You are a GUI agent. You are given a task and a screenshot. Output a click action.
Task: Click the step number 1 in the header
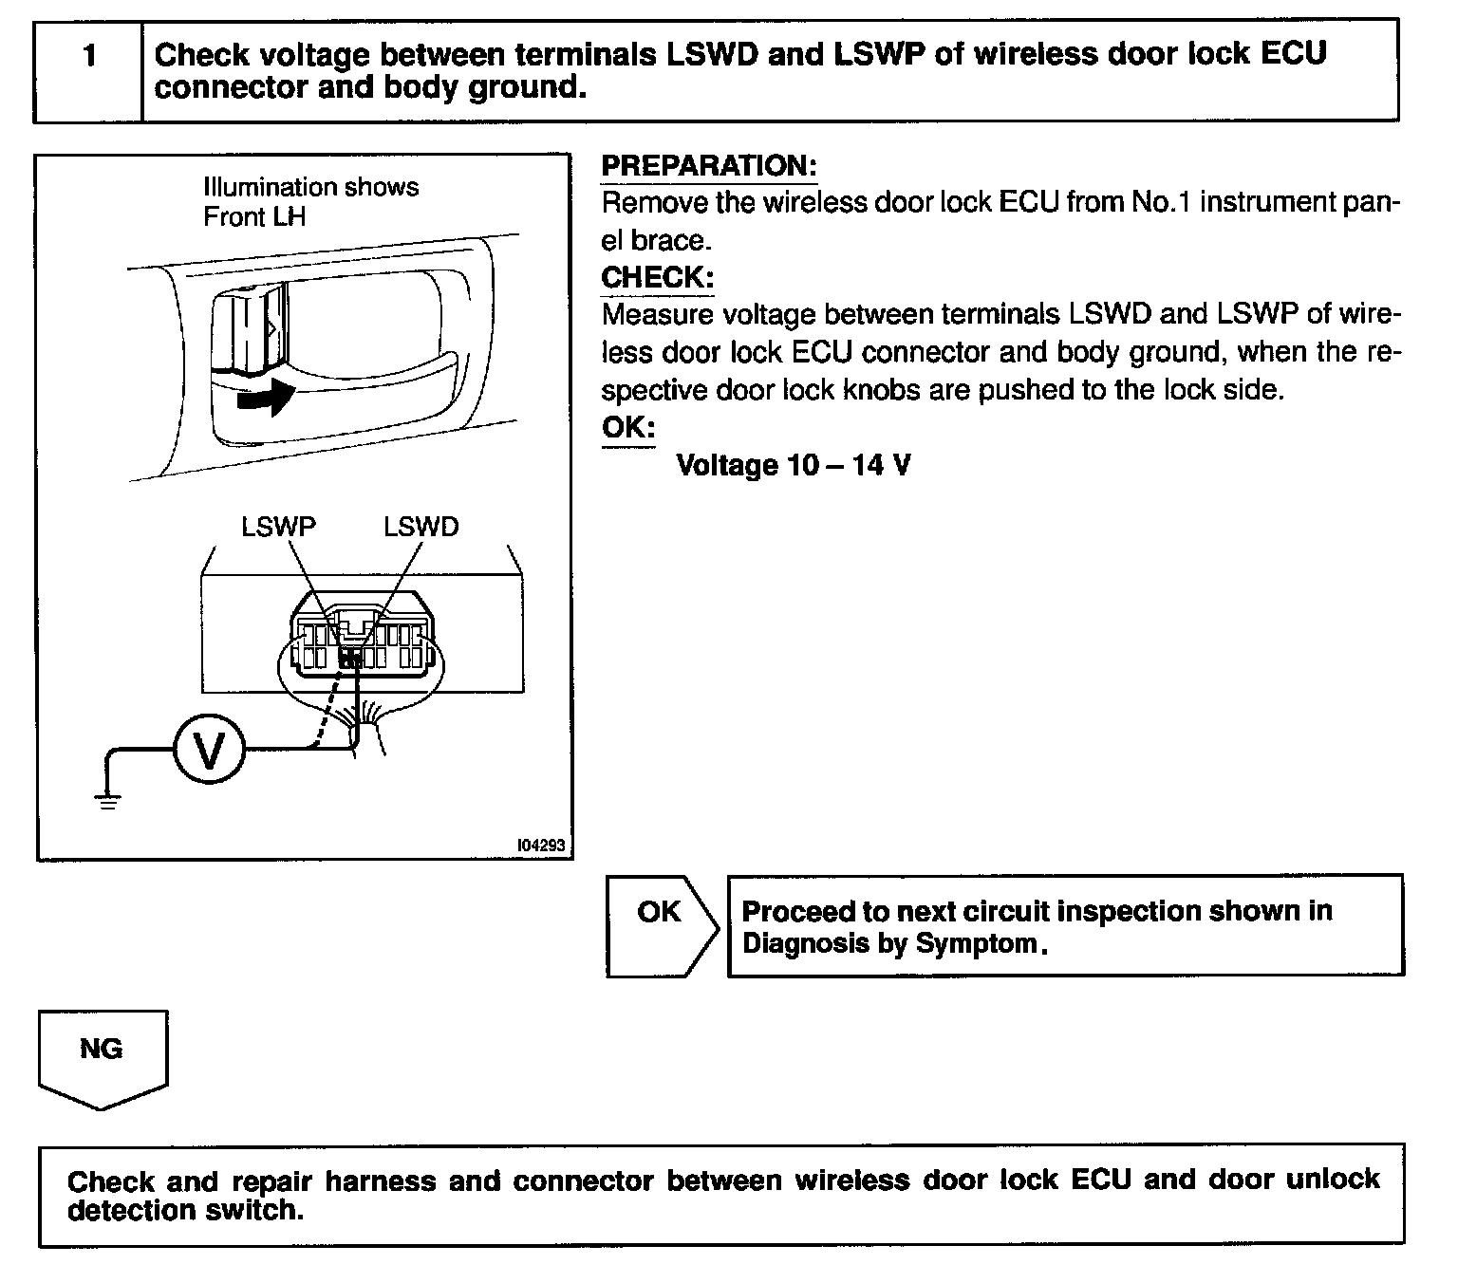click(x=89, y=57)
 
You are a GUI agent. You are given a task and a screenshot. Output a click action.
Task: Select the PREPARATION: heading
click(x=709, y=166)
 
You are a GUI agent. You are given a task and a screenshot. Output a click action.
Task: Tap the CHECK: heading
click(x=657, y=278)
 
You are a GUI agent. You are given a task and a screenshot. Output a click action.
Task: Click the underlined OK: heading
click(x=627, y=427)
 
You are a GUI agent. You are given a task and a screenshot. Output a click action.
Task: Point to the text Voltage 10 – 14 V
click(x=793, y=465)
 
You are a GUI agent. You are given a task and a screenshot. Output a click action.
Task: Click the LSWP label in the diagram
click(x=277, y=528)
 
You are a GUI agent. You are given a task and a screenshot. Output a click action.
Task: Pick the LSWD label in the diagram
click(x=421, y=528)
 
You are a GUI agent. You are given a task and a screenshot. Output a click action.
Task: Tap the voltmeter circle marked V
click(x=209, y=751)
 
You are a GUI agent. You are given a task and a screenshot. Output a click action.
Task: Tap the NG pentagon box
click(x=103, y=1055)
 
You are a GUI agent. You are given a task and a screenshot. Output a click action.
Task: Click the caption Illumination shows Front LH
click(x=310, y=201)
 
